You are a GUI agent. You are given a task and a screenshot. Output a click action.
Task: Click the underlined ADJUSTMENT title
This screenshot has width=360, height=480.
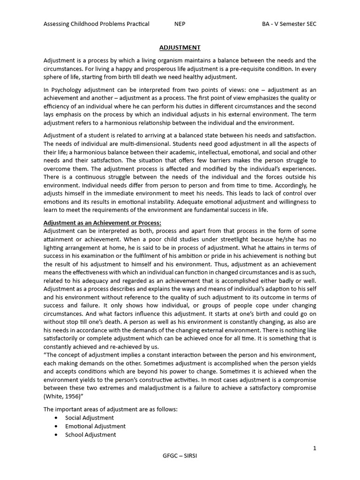coord(180,47)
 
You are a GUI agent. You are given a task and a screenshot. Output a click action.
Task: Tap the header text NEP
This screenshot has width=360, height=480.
coord(180,24)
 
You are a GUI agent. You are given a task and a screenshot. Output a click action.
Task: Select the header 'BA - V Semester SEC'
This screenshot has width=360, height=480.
coord(289,24)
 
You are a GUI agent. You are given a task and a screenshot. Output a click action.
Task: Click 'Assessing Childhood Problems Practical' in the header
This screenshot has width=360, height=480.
coord(97,24)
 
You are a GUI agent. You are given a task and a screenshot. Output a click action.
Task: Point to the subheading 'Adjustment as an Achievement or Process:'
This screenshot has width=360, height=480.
coord(102,223)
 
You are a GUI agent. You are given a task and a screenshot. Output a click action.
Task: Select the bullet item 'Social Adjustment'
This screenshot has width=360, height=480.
coord(90,418)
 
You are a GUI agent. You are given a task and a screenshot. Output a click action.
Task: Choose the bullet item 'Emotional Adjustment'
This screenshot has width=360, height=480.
coord(96,426)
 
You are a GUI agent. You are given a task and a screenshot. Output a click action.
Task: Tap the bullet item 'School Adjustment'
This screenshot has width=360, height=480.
coord(91,435)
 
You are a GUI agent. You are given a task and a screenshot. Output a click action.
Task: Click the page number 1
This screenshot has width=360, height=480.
coord(315,449)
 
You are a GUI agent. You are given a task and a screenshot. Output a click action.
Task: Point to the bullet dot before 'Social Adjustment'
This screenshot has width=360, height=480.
coord(57,418)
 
